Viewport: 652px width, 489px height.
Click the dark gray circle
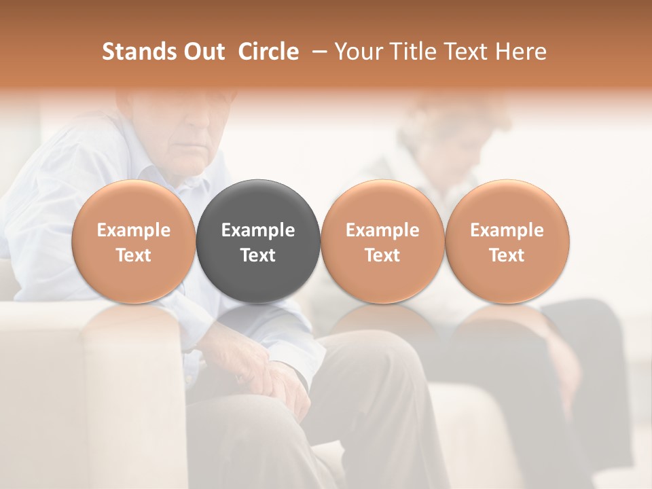point(258,241)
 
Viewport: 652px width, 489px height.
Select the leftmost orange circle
point(134,241)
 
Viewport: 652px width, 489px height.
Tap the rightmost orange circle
point(507,241)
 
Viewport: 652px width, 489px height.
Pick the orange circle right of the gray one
point(382,241)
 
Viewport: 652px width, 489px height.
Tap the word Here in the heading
point(521,52)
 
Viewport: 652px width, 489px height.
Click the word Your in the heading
point(357,52)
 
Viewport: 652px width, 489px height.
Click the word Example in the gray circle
point(258,230)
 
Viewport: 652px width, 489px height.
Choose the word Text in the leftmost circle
point(134,255)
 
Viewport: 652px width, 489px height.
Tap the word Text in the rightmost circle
point(507,255)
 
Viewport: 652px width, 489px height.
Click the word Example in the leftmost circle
point(134,230)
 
